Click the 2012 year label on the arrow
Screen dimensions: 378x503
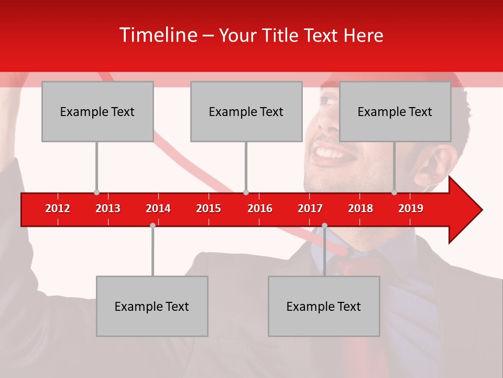click(x=58, y=208)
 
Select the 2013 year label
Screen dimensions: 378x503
click(x=108, y=208)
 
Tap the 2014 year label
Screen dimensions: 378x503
click(x=158, y=208)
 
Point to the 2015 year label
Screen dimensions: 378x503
click(x=209, y=208)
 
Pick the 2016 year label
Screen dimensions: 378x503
click(x=260, y=208)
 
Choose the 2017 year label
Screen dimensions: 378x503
click(x=310, y=208)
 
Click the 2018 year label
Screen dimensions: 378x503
click(x=360, y=208)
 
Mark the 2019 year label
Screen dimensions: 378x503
click(x=411, y=208)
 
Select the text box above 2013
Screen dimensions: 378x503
click(x=97, y=111)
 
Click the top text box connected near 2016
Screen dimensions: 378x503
click(x=246, y=111)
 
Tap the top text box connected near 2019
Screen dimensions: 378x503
click(x=395, y=111)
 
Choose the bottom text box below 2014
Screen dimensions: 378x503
click(x=152, y=306)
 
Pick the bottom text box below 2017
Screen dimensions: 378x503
click(x=324, y=306)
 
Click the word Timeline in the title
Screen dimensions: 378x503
click(x=157, y=35)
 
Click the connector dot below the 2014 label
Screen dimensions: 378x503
click(x=152, y=225)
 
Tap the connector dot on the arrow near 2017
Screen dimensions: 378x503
click(x=324, y=225)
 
